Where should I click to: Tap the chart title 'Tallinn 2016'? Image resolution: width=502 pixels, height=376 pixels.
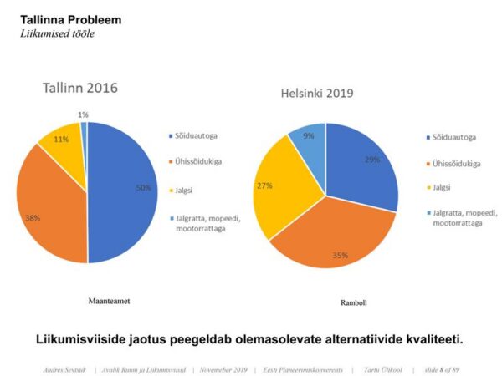pyautogui.click(x=80, y=88)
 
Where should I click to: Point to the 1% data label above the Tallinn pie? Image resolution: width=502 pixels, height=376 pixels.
pyautogui.click(x=83, y=114)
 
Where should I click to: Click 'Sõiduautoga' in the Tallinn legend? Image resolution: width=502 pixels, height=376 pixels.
pyautogui.click(x=197, y=135)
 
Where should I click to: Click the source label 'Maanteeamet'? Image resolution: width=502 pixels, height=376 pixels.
pyautogui.click(x=114, y=297)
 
